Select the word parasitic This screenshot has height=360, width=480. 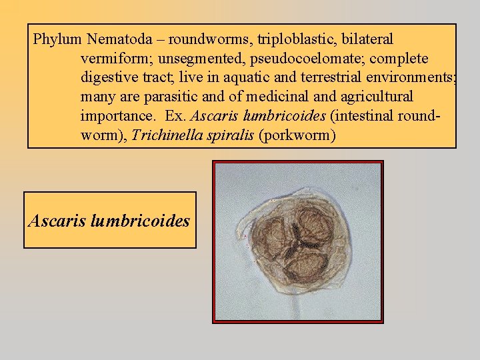pos(171,97)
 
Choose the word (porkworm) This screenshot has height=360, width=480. pos(297,136)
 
